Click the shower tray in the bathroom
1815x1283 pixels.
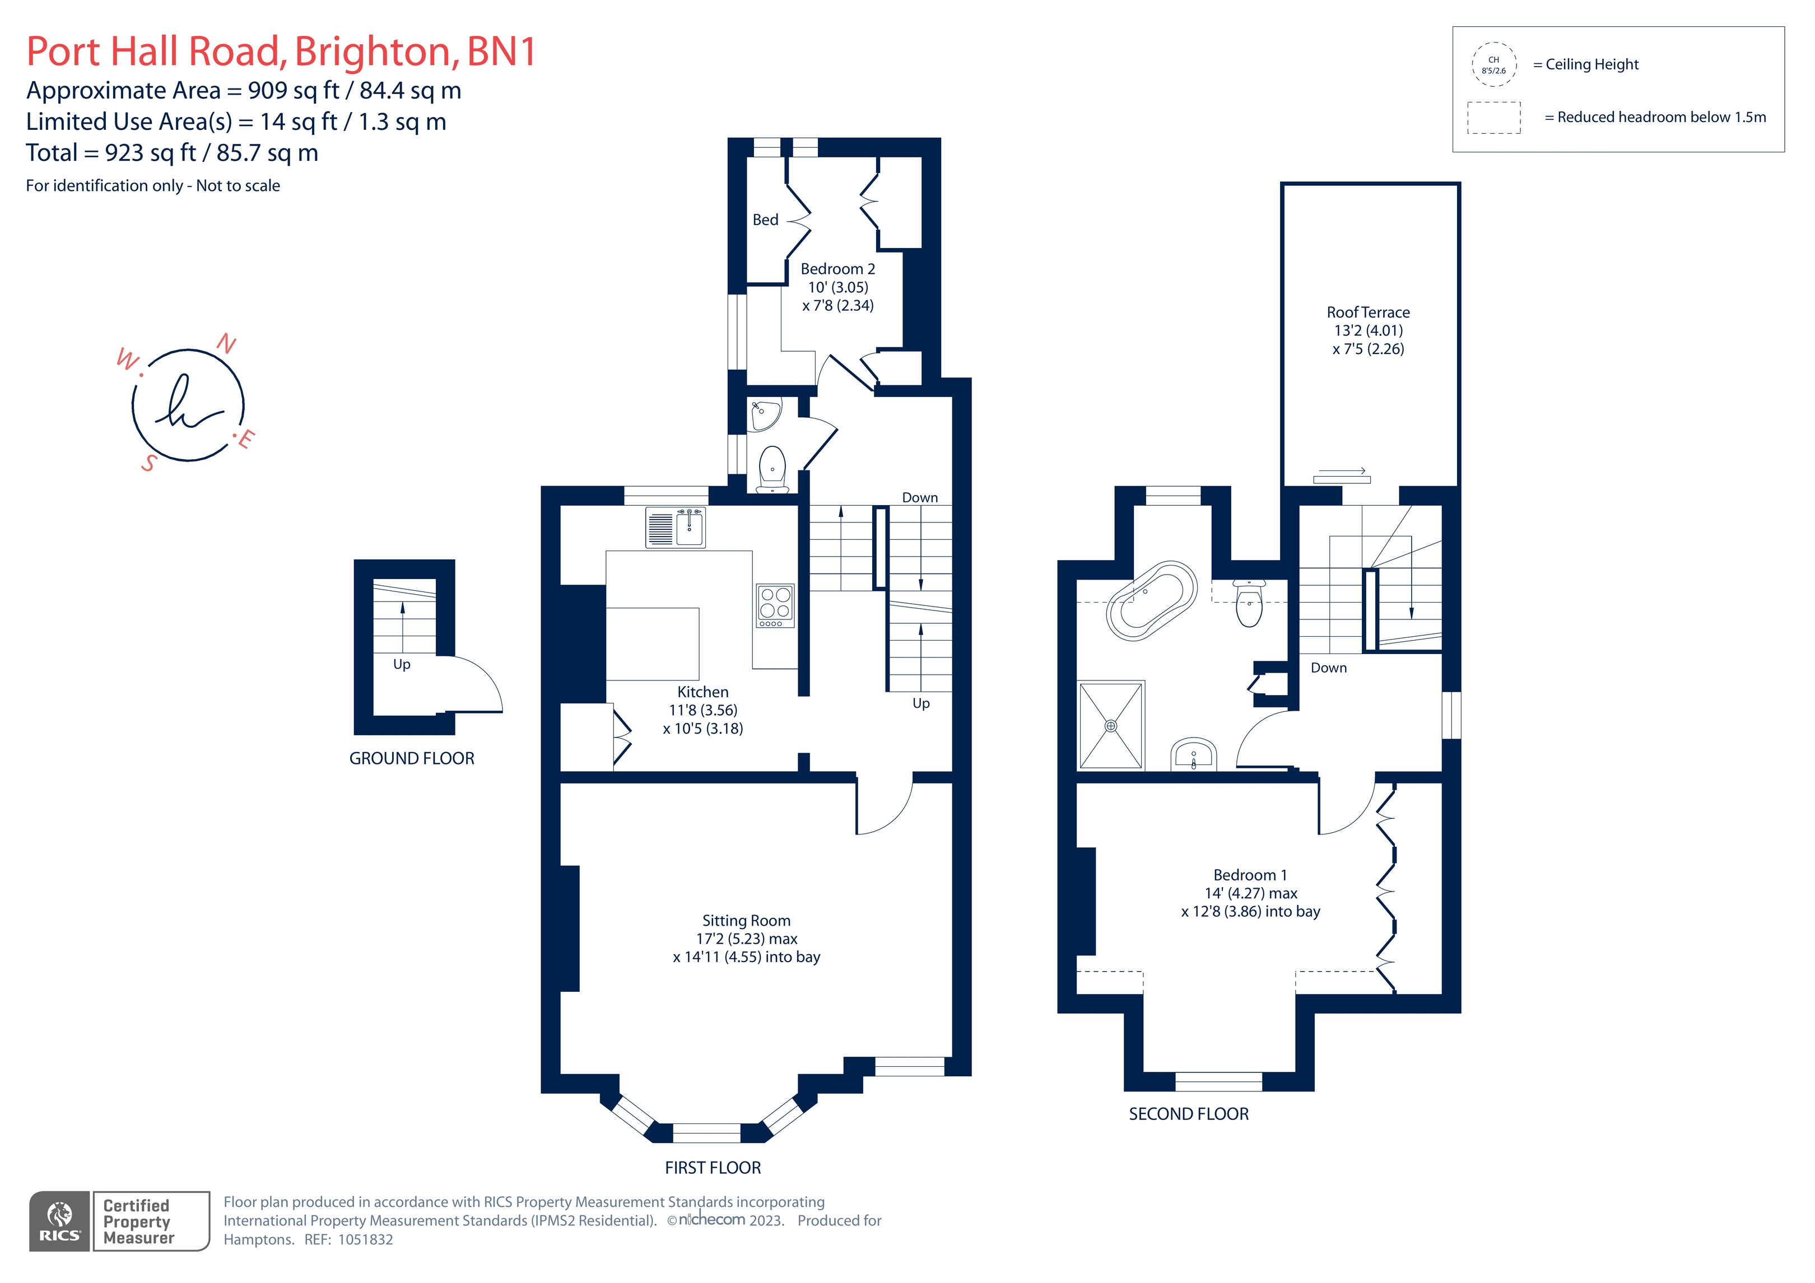coord(1111,725)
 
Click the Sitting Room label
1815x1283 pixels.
coord(746,921)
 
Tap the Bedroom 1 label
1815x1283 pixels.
coord(1250,875)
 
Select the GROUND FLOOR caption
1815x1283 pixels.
coord(412,759)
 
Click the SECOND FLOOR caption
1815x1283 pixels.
coord(1188,1114)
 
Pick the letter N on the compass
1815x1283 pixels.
coord(227,343)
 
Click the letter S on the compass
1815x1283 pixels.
coord(148,463)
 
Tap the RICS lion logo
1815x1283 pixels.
coord(60,1221)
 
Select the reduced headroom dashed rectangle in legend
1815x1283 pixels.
coord(1493,118)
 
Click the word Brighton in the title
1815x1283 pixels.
coord(375,52)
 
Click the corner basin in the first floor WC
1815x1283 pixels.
coord(763,413)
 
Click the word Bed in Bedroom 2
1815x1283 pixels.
coord(765,220)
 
